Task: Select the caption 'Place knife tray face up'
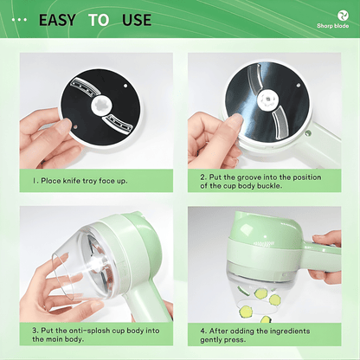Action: (87, 182)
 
